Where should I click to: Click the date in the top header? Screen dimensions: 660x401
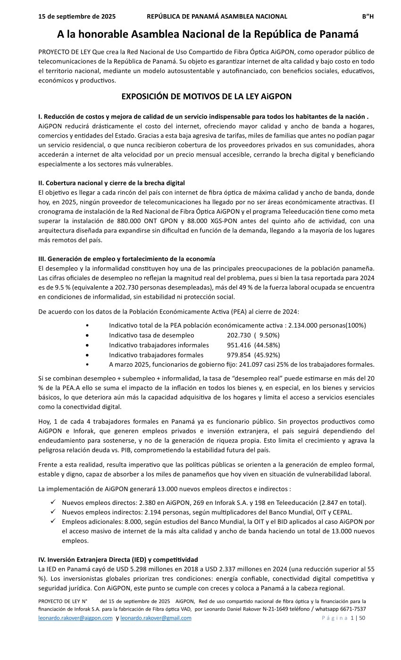coord(77,16)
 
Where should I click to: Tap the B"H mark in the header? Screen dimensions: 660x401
coord(368,16)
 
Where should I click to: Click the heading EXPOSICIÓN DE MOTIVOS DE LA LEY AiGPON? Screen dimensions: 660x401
coord(206,97)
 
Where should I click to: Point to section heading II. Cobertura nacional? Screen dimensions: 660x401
coord(111,183)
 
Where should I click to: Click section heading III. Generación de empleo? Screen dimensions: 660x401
coord(126,259)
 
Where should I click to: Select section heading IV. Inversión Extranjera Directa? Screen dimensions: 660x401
coord(118,560)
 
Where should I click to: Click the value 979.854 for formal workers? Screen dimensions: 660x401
coord(239,355)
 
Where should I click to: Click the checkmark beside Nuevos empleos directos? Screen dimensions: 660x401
coord(53,503)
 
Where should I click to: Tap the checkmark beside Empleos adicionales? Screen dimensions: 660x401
coord(53,521)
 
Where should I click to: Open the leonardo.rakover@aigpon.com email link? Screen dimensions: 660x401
coord(75,618)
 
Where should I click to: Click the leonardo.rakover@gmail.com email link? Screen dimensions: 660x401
coord(156,618)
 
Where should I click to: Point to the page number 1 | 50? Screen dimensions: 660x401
coord(358,618)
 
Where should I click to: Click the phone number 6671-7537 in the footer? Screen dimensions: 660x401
coord(353,609)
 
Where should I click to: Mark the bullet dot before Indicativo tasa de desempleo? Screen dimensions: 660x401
coord(88,335)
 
